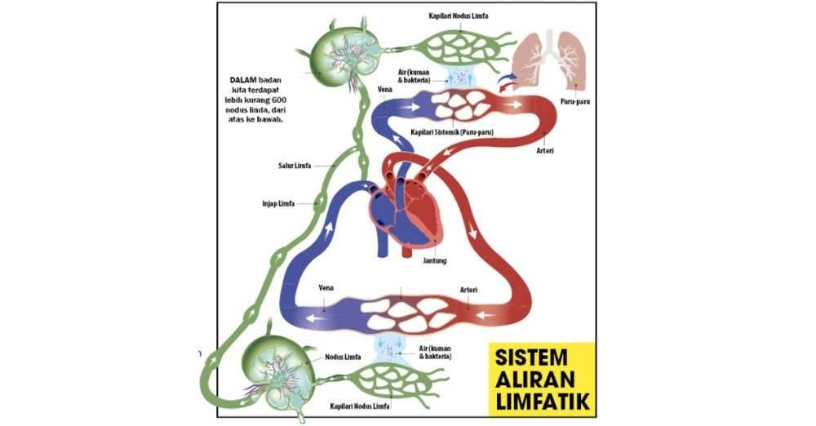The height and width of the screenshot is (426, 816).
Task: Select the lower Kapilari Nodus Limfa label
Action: click(x=360, y=405)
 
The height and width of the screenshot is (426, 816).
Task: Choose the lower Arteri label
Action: click(x=468, y=290)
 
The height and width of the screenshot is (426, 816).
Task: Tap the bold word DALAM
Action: click(x=245, y=80)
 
